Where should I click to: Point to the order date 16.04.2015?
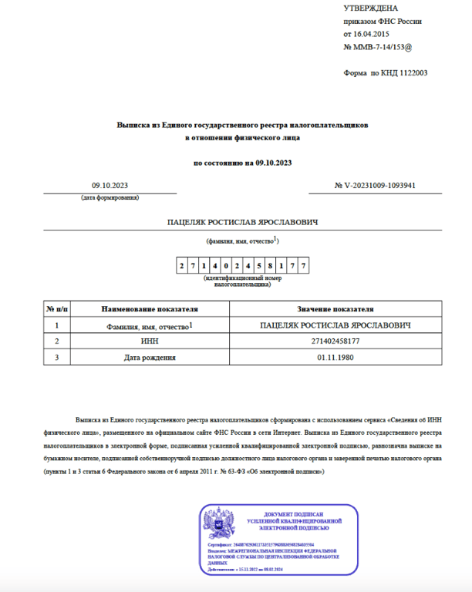pyautogui.click(x=372, y=35)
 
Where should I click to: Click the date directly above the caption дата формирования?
pyautogui.click(x=110, y=185)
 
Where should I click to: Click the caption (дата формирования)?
pyautogui.click(x=110, y=198)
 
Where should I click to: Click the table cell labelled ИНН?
pyautogui.click(x=150, y=341)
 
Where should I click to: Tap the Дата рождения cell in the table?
pyautogui.click(x=150, y=357)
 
